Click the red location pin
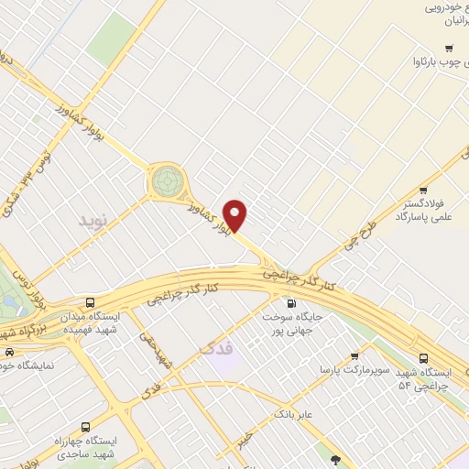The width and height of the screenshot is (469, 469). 235,214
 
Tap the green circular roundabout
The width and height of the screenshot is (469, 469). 168,180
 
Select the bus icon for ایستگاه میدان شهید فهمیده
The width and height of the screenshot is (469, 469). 90,302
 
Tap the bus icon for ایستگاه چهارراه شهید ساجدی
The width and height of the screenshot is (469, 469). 85,427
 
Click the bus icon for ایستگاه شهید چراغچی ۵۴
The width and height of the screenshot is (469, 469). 422,358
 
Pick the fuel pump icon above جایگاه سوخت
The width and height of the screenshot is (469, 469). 292,304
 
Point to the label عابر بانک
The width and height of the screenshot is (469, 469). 294,415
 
